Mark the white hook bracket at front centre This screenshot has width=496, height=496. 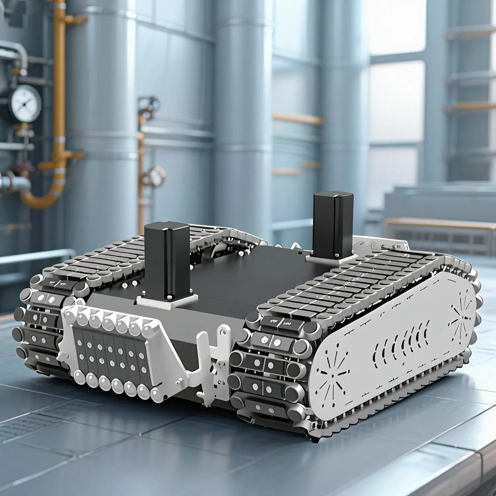[x=212, y=360]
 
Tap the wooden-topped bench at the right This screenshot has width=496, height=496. [x=440, y=231]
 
